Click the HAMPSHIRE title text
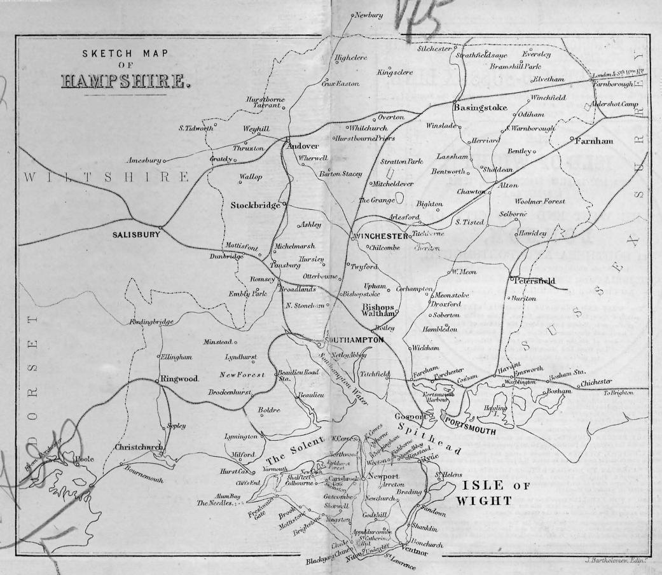click(125, 82)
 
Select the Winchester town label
click(380, 237)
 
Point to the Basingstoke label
click(480, 107)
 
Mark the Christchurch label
click(140, 447)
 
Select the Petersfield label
click(535, 281)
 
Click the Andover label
click(302, 146)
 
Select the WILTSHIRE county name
click(106, 176)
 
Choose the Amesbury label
click(143, 161)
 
